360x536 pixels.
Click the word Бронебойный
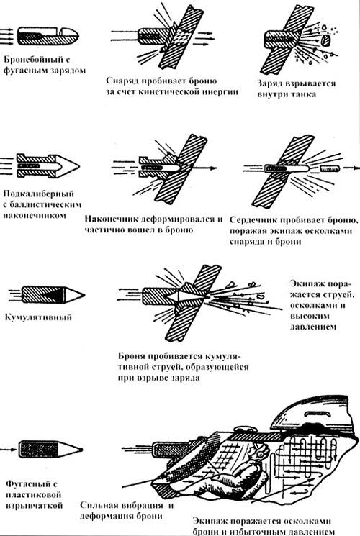pyautogui.click(x=33, y=60)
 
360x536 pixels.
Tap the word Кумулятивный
pyautogui.click(x=38, y=317)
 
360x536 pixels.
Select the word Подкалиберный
pyautogui.click(x=39, y=194)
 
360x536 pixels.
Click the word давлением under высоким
pyautogui.click(x=313, y=327)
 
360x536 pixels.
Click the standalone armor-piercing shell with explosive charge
pyautogui.click(x=48, y=35)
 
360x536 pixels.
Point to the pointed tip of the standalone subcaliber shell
pyautogui.click(x=79, y=166)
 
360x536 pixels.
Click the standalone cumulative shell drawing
pyautogui.click(x=53, y=295)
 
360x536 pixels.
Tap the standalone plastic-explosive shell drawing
pyautogui.click(x=50, y=449)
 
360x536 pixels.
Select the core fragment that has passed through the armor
pyautogui.click(x=330, y=168)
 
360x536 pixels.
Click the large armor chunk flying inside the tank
pyautogui.click(x=325, y=40)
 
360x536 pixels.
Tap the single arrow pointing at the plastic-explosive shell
pyautogui.click(x=8, y=449)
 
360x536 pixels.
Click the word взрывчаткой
pyautogui.click(x=35, y=505)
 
